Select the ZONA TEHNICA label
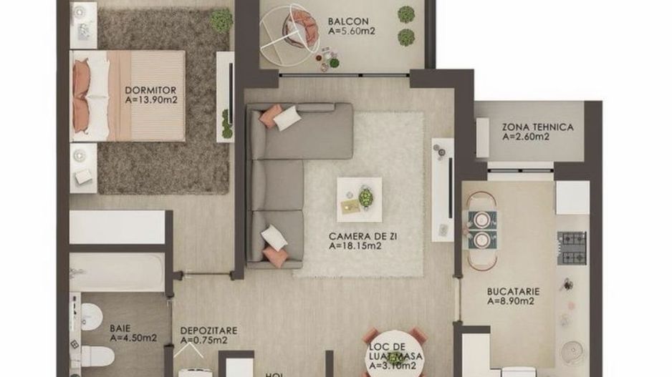[x=537, y=127]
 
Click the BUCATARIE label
[x=513, y=291]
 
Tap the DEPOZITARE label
[x=208, y=331]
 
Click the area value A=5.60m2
[x=352, y=31]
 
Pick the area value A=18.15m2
[x=356, y=245]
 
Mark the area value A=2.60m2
[x=526, y=137]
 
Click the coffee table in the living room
[x=359, y=199]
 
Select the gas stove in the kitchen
[x=572, y=248]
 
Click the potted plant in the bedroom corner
[x=221, y=19]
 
